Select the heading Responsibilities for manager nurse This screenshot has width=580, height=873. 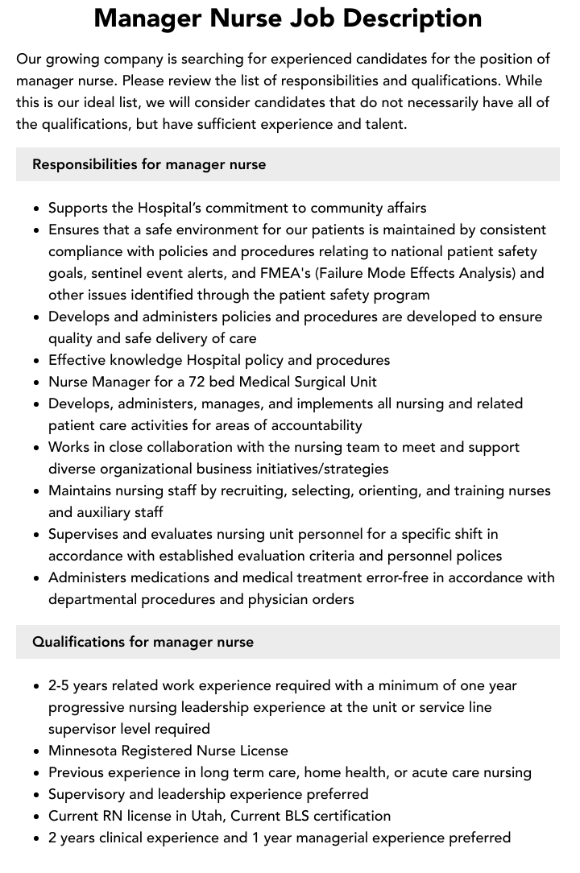149,164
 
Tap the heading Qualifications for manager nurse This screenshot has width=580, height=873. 143,642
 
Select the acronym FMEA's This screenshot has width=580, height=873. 288,273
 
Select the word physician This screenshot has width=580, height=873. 276,599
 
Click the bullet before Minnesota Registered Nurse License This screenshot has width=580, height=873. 37,751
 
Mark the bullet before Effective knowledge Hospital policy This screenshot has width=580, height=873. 37,361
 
